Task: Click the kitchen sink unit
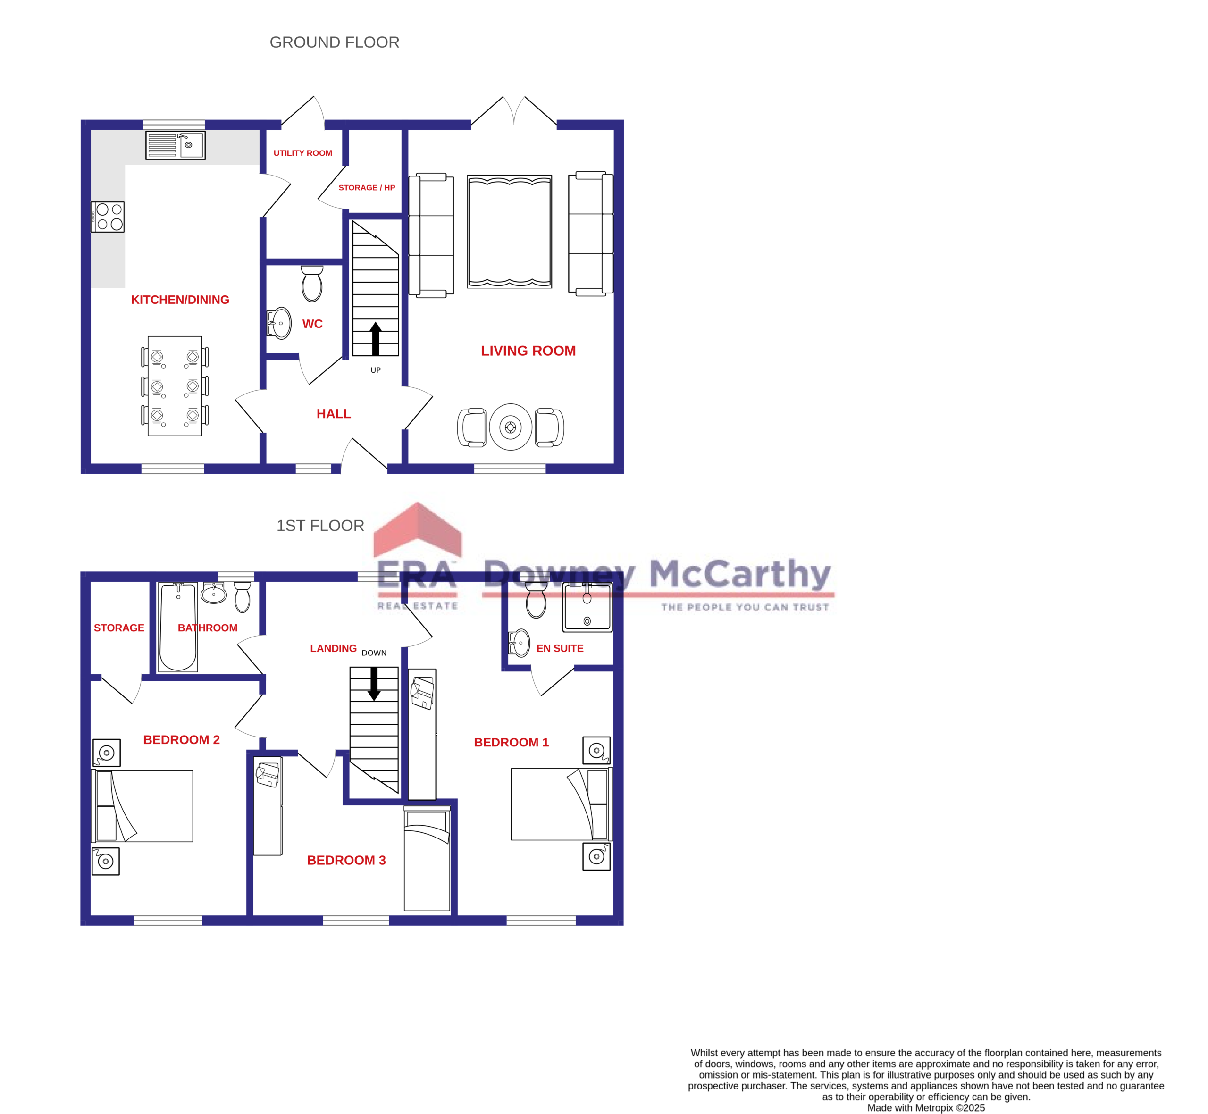(176, 145)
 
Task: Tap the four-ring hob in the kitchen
(109, 217)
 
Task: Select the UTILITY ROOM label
(302, 153)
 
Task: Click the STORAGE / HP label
(367, 187)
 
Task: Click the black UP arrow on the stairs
(376, 339)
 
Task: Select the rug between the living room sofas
(509, 232)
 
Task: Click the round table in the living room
(511, 427)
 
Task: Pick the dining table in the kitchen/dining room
(175, 386)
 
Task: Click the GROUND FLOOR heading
(334, 42)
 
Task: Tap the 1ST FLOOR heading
(320, 526)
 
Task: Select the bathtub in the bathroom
(178, 627)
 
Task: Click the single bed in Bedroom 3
(427, 859)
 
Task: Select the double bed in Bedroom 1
(558, 804)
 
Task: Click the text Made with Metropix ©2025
(925, 1107)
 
